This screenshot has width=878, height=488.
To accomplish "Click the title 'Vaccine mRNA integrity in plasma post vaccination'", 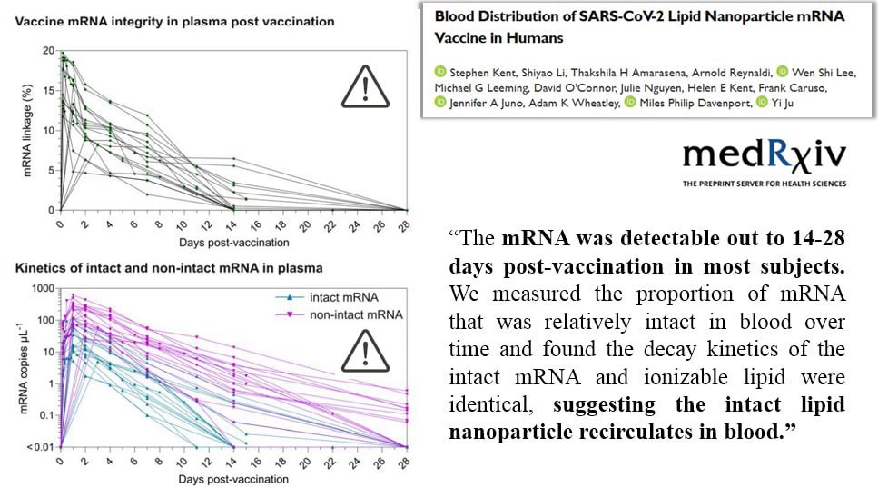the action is (174, 22).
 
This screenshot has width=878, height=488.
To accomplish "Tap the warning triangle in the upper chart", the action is (365, 87).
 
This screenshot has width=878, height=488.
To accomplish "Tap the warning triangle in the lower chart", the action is (365, 352).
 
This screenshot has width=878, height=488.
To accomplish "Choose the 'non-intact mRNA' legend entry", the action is (339, 314).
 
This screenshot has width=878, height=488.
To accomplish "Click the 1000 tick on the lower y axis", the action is (43, 289).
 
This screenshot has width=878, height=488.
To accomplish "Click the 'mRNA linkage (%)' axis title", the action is (27, 131).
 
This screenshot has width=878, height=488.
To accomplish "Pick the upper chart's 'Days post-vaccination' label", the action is (234, 243).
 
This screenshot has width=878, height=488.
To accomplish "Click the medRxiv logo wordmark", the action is (765, 155).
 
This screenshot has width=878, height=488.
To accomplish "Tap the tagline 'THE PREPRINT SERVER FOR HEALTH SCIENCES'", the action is (765, 184).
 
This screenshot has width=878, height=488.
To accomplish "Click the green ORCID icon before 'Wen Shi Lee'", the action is (783, 72).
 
